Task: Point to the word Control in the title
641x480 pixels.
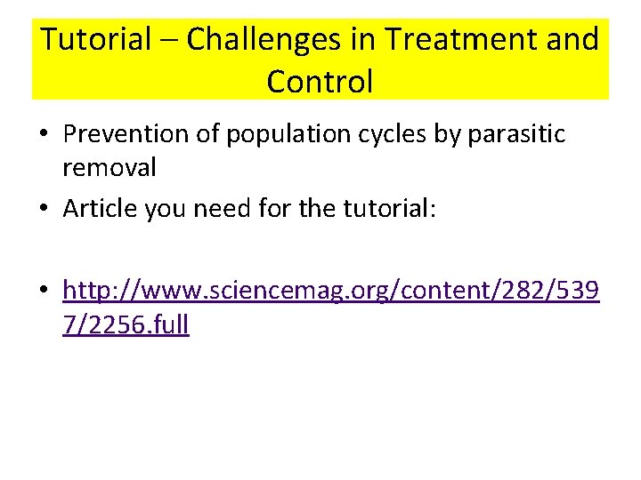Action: tap(320, 82)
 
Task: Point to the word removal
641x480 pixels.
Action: tap(110, 167)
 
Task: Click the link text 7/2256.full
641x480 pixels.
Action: tap(126, 324)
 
